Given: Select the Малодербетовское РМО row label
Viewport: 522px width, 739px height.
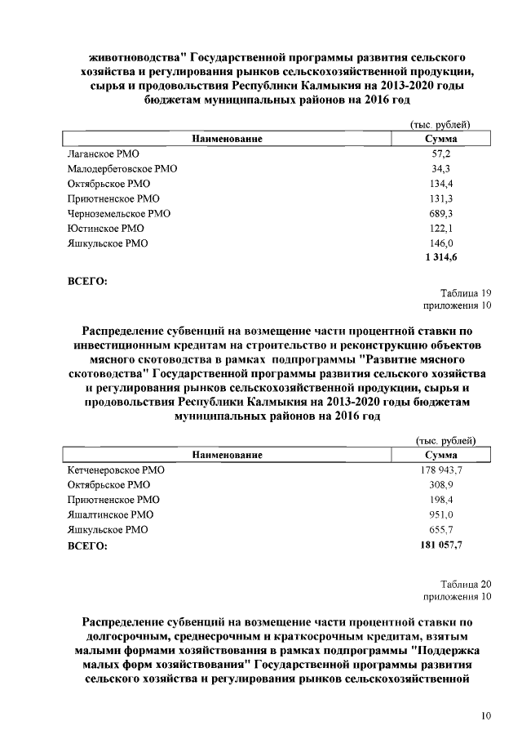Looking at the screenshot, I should (x=122, y=169).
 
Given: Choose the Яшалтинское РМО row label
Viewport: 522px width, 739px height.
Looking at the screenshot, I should (x=109, y=514).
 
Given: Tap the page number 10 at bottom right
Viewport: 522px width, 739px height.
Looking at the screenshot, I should (x=486, y=716).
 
